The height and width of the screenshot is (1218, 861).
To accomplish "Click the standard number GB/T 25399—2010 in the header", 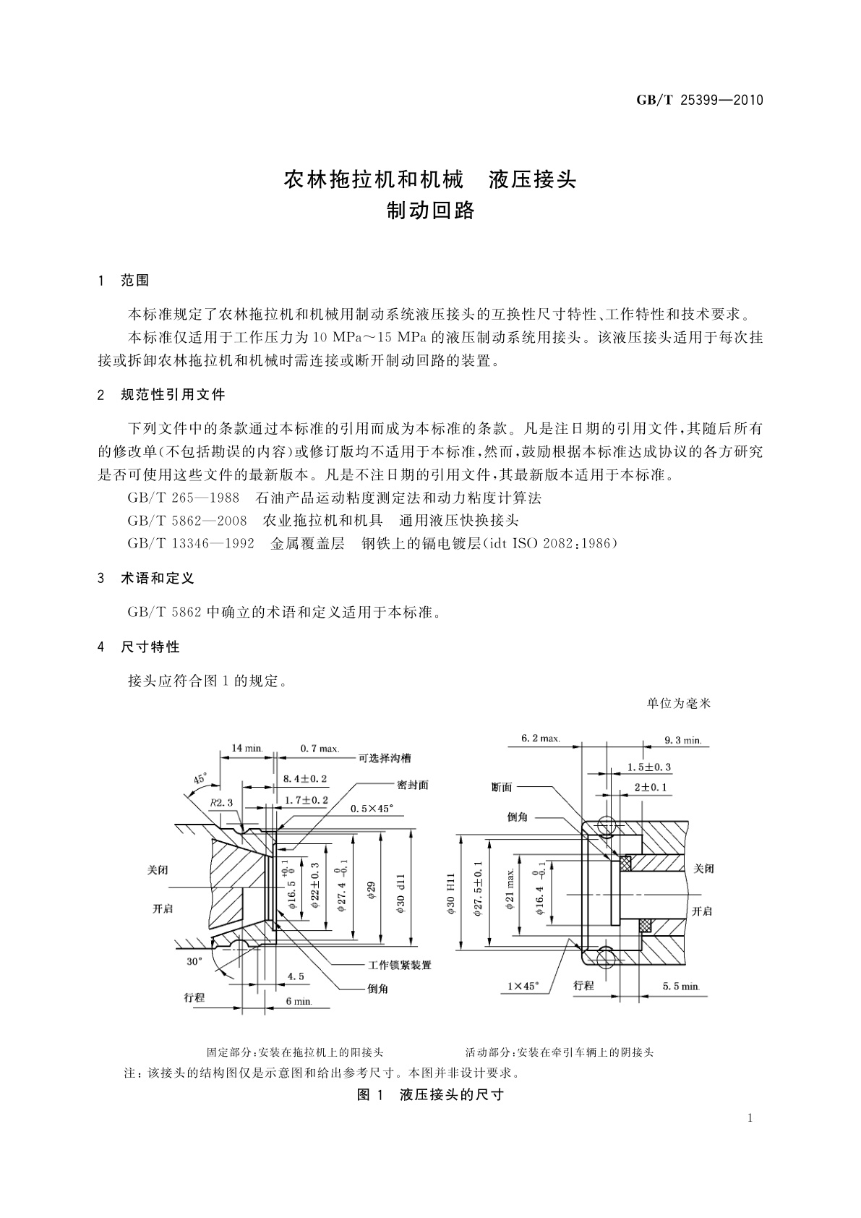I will point(700,101).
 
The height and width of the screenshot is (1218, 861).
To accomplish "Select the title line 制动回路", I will point(431,210).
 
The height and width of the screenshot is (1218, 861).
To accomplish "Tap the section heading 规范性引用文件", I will point(174,394).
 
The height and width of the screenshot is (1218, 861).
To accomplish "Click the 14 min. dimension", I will point(247,748).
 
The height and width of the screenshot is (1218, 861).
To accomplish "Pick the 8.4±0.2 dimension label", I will point(306,778).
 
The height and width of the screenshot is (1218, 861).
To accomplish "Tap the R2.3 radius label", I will point(220,803).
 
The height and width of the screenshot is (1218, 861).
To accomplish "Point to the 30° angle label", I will point(194,962).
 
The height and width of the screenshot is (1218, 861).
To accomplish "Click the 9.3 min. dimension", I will point(683,740).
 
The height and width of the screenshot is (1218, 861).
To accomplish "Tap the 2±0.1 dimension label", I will point(651,787).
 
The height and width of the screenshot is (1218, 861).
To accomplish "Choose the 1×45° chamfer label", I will point(523,986).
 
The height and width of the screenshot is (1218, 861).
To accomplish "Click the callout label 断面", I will point(502,787).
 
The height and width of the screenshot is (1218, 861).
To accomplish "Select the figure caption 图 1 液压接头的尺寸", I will point(431,1094).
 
